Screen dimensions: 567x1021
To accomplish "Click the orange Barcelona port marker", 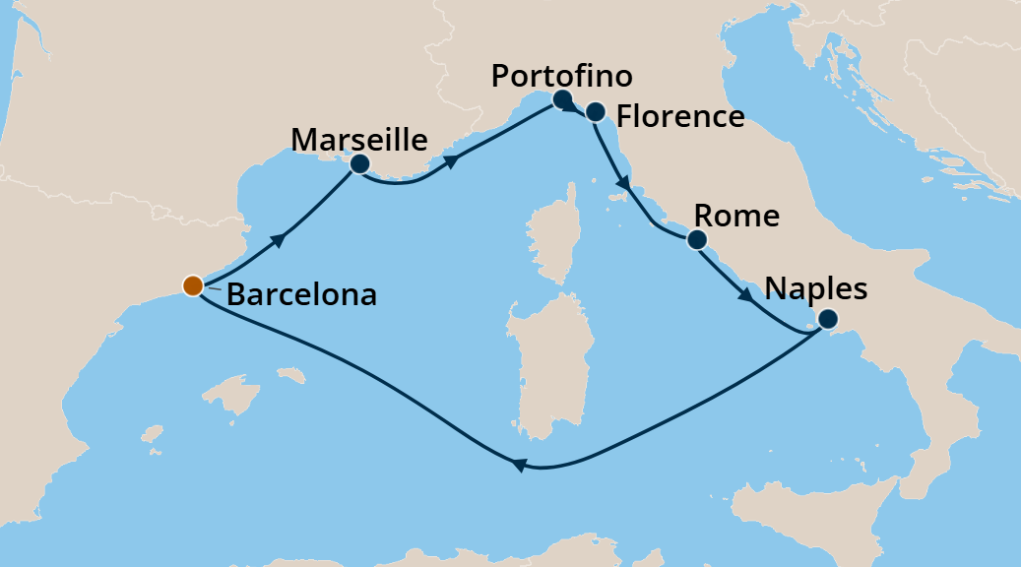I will coord(193,285).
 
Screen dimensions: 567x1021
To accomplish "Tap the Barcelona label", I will coord(301,294).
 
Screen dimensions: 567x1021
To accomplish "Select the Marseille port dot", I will coord(359,164).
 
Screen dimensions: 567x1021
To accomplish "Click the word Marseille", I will coord(359,139).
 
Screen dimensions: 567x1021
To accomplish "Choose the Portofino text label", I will coord(561,76).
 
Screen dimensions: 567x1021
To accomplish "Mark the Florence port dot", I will coord(595,111).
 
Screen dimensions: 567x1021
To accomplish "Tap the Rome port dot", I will coord(697,239).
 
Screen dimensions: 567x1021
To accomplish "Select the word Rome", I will coord(736,216).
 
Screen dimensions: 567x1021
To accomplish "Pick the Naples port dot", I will coord(828,318).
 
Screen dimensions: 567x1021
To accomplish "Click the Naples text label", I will coord(816,288).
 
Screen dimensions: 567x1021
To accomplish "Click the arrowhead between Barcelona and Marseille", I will coord(282,239).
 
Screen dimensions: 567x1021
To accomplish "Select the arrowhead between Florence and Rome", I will coord(622,183).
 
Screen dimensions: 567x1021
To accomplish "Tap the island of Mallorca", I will coord(224,395).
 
